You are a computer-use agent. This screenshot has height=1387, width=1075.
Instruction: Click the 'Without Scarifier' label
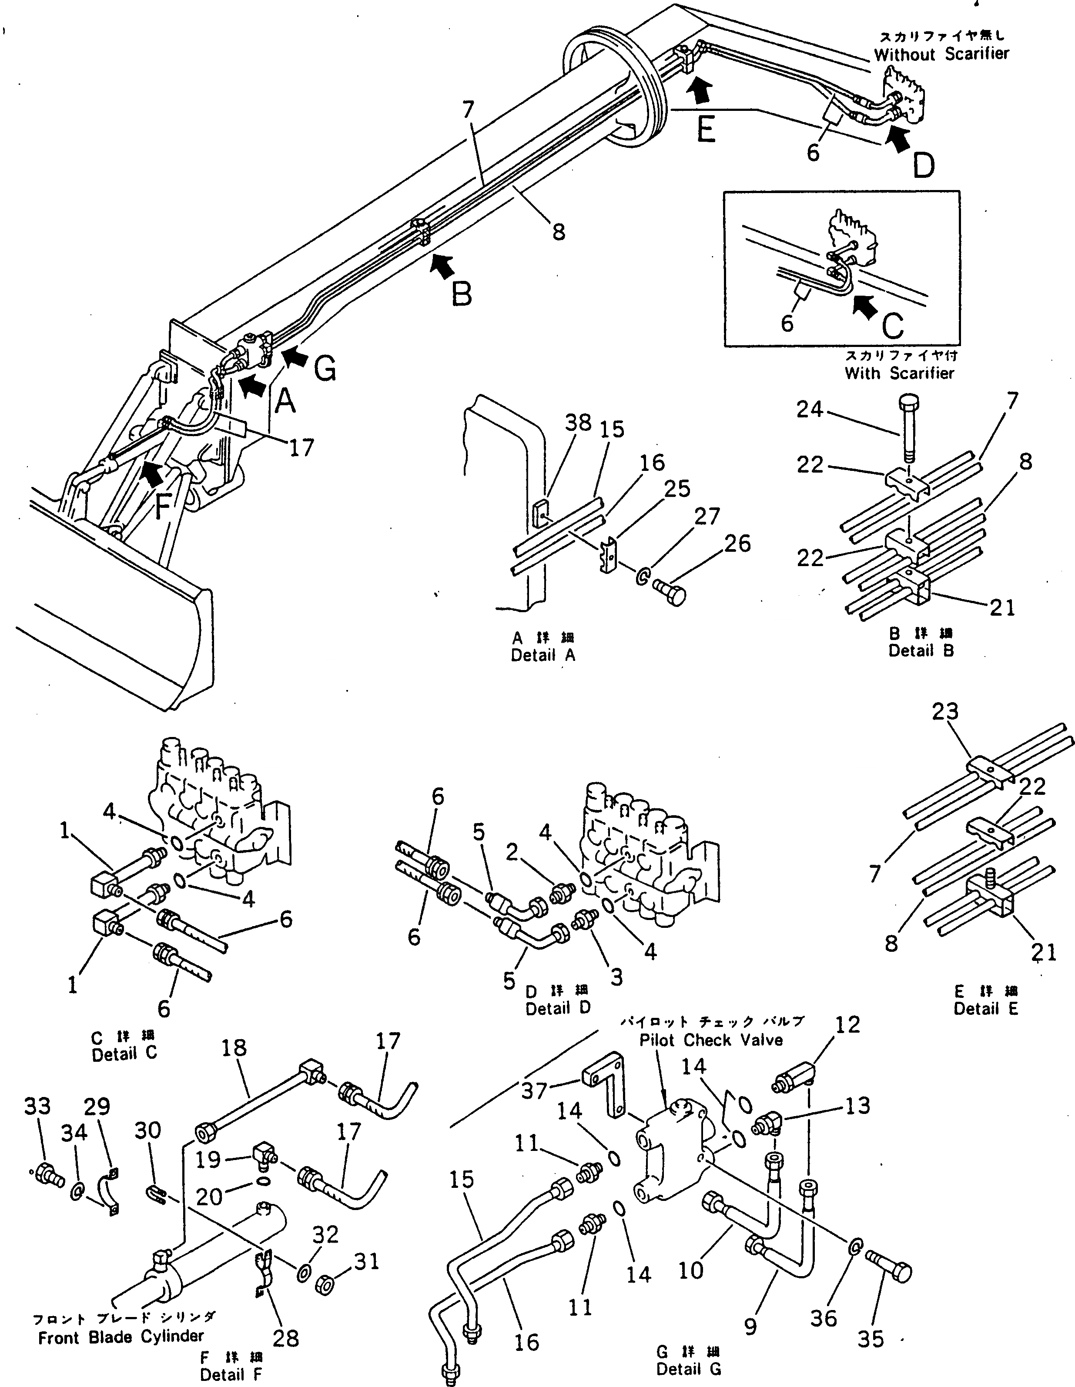tap(941, 55)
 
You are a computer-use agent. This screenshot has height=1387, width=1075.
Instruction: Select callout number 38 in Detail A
tap(578, 423)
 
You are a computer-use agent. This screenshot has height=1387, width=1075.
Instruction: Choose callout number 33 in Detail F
tap(37, 1106)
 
